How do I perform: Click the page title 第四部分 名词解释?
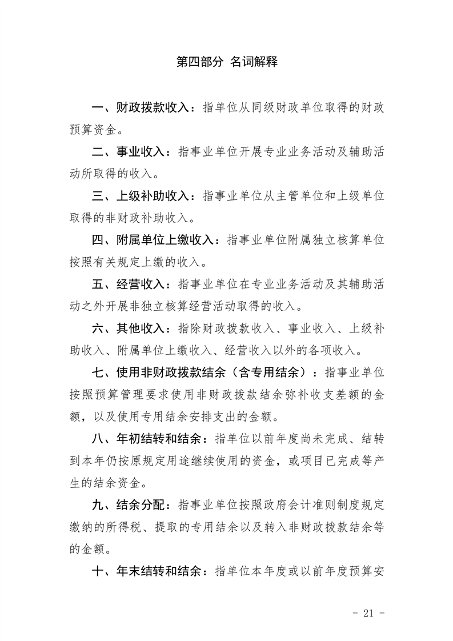coord(227,62)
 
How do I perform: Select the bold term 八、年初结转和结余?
coord(150,438)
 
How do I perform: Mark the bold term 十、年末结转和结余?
coord(150,571)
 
